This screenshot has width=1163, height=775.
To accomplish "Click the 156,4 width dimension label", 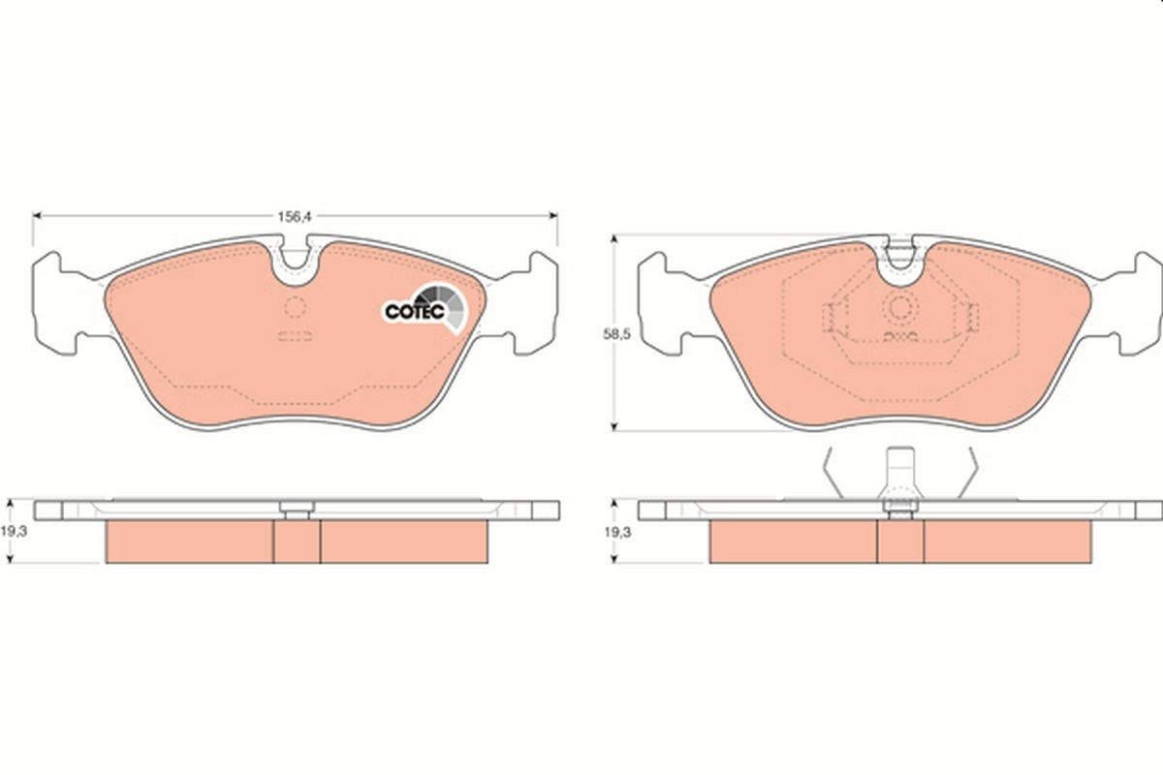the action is pyautogui.click(x=295, y=217).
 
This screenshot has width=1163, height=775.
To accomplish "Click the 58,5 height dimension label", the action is pyautogui.click(x=616, y=334).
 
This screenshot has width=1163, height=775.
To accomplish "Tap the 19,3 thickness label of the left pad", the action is pyautogui.click(x=14, y=532).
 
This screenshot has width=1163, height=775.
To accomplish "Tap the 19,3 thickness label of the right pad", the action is pyautogui.click(x=618, y=532).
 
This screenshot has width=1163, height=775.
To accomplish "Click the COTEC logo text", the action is pyautogui.click(x=415, y=312).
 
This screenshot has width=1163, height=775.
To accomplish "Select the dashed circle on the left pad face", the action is pyautogui.click(x=295, y=307).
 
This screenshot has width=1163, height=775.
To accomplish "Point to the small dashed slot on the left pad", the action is pyautogui.click(x=295, y=336).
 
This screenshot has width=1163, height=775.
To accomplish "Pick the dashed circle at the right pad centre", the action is pyautogui.click(x=900, y=307).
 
